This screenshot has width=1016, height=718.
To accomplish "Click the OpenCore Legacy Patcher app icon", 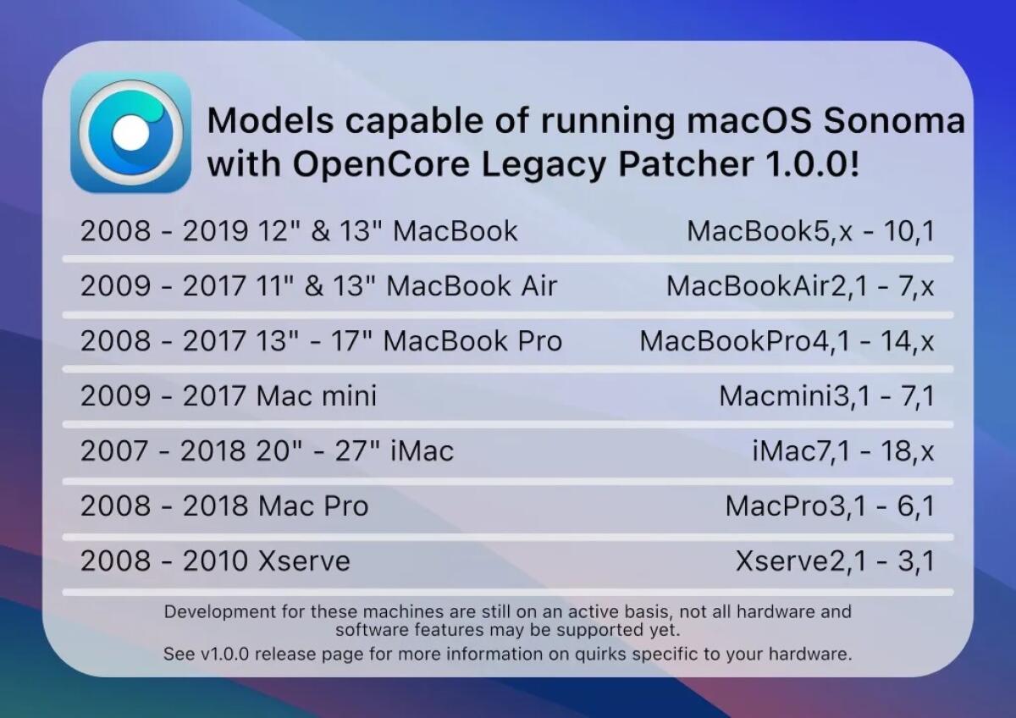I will pos(130,132).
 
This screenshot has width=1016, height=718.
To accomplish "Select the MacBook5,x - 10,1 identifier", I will pos(810,231).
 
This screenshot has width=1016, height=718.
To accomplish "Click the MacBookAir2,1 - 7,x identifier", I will pos(800,286).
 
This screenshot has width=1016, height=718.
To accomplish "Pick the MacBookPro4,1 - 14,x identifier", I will pos(787,341).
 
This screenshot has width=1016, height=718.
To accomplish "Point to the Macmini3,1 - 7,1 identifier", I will pos(826,395).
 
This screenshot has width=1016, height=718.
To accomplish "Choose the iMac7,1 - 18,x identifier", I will pos(843,450).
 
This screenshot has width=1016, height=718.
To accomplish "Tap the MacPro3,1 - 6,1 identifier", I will pos(830,506).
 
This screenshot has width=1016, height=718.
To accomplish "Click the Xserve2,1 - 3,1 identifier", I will pos(835,561).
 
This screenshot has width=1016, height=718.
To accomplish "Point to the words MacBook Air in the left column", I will pos(472,286).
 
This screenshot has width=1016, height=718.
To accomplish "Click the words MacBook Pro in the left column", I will pos(472,341).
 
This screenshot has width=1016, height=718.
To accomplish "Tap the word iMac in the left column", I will pos(422,450).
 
